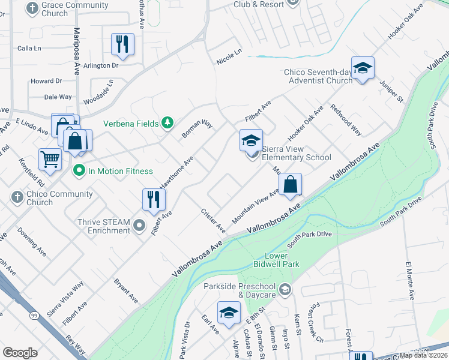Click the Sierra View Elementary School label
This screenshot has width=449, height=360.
(x=296, y=154)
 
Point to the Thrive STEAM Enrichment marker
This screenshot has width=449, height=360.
(x=139, y=226)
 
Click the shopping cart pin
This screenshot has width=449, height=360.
(x=50, y=159)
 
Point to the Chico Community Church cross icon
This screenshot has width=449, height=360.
(x=17, y=196)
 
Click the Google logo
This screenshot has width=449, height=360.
(x=20, y=353)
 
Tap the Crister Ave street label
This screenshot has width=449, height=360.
(x=213, y=221)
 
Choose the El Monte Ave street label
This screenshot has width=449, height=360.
(x=411, y=281)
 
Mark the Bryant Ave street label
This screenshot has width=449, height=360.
(x=126, y=290)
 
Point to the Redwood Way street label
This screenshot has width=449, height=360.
(x=346, y=120)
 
